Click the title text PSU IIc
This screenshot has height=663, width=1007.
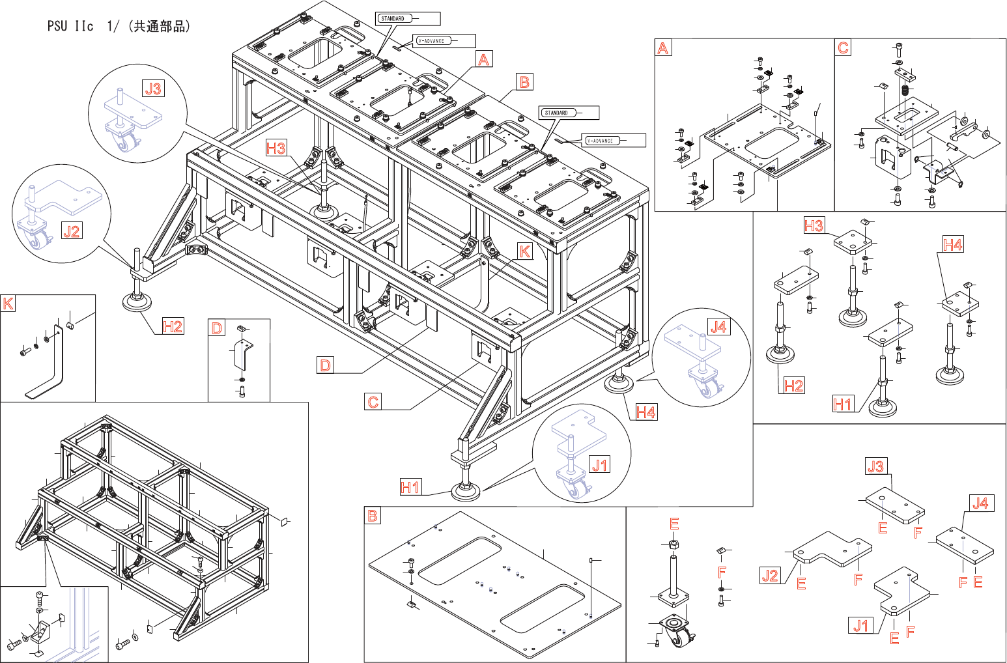(x=70, y=27)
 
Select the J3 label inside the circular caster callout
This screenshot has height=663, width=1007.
(x=153, y=88)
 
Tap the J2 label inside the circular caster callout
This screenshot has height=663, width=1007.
(x=72, y=231)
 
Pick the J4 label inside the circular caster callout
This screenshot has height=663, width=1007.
(x=718, y=326)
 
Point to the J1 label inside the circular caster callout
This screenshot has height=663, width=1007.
(x=599, y=464)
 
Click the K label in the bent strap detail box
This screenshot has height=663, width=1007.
(x=8, y=304)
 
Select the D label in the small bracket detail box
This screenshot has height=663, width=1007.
(x=217, y=328)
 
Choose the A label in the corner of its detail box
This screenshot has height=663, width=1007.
(x=663, y=48)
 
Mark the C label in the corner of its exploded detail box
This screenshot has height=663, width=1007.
(x=844, y=48)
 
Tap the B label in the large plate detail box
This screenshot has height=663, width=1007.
(x=373, y=516)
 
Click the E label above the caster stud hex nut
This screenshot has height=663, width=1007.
(x=675, y=524)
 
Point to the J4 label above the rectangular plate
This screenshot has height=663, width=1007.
(x=980, y=503)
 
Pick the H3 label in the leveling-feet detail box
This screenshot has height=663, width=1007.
(x=814, y=226)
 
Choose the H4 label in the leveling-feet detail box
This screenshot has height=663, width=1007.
(x=953, y=245)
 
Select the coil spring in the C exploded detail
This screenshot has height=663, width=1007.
(x=904, y=91)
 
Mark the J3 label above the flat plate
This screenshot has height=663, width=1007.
(x=876, y=466)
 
